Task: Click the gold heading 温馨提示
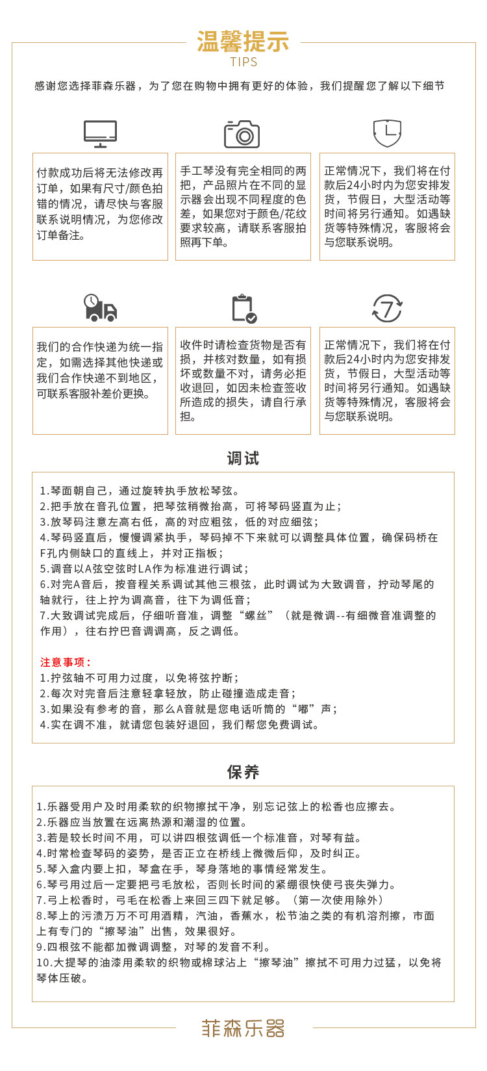(243, 42)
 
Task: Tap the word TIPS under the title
(243, 62)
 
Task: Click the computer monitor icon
(100, 134)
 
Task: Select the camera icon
(242, 134)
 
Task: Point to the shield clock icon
(387, 133)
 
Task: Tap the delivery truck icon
(100, 308)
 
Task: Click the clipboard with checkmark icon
(243, 308)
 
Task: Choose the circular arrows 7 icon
(387, 308)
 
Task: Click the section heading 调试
(243, 459)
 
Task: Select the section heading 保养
(243, 772)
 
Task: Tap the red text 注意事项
(66, 662)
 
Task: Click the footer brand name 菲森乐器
(243, 1028)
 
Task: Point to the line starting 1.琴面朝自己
(140, 491)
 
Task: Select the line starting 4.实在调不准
(180, 725)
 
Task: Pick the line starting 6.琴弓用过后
(216, 884)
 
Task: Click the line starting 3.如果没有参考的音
(189, 709)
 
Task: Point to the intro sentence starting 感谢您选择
(240, 86)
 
